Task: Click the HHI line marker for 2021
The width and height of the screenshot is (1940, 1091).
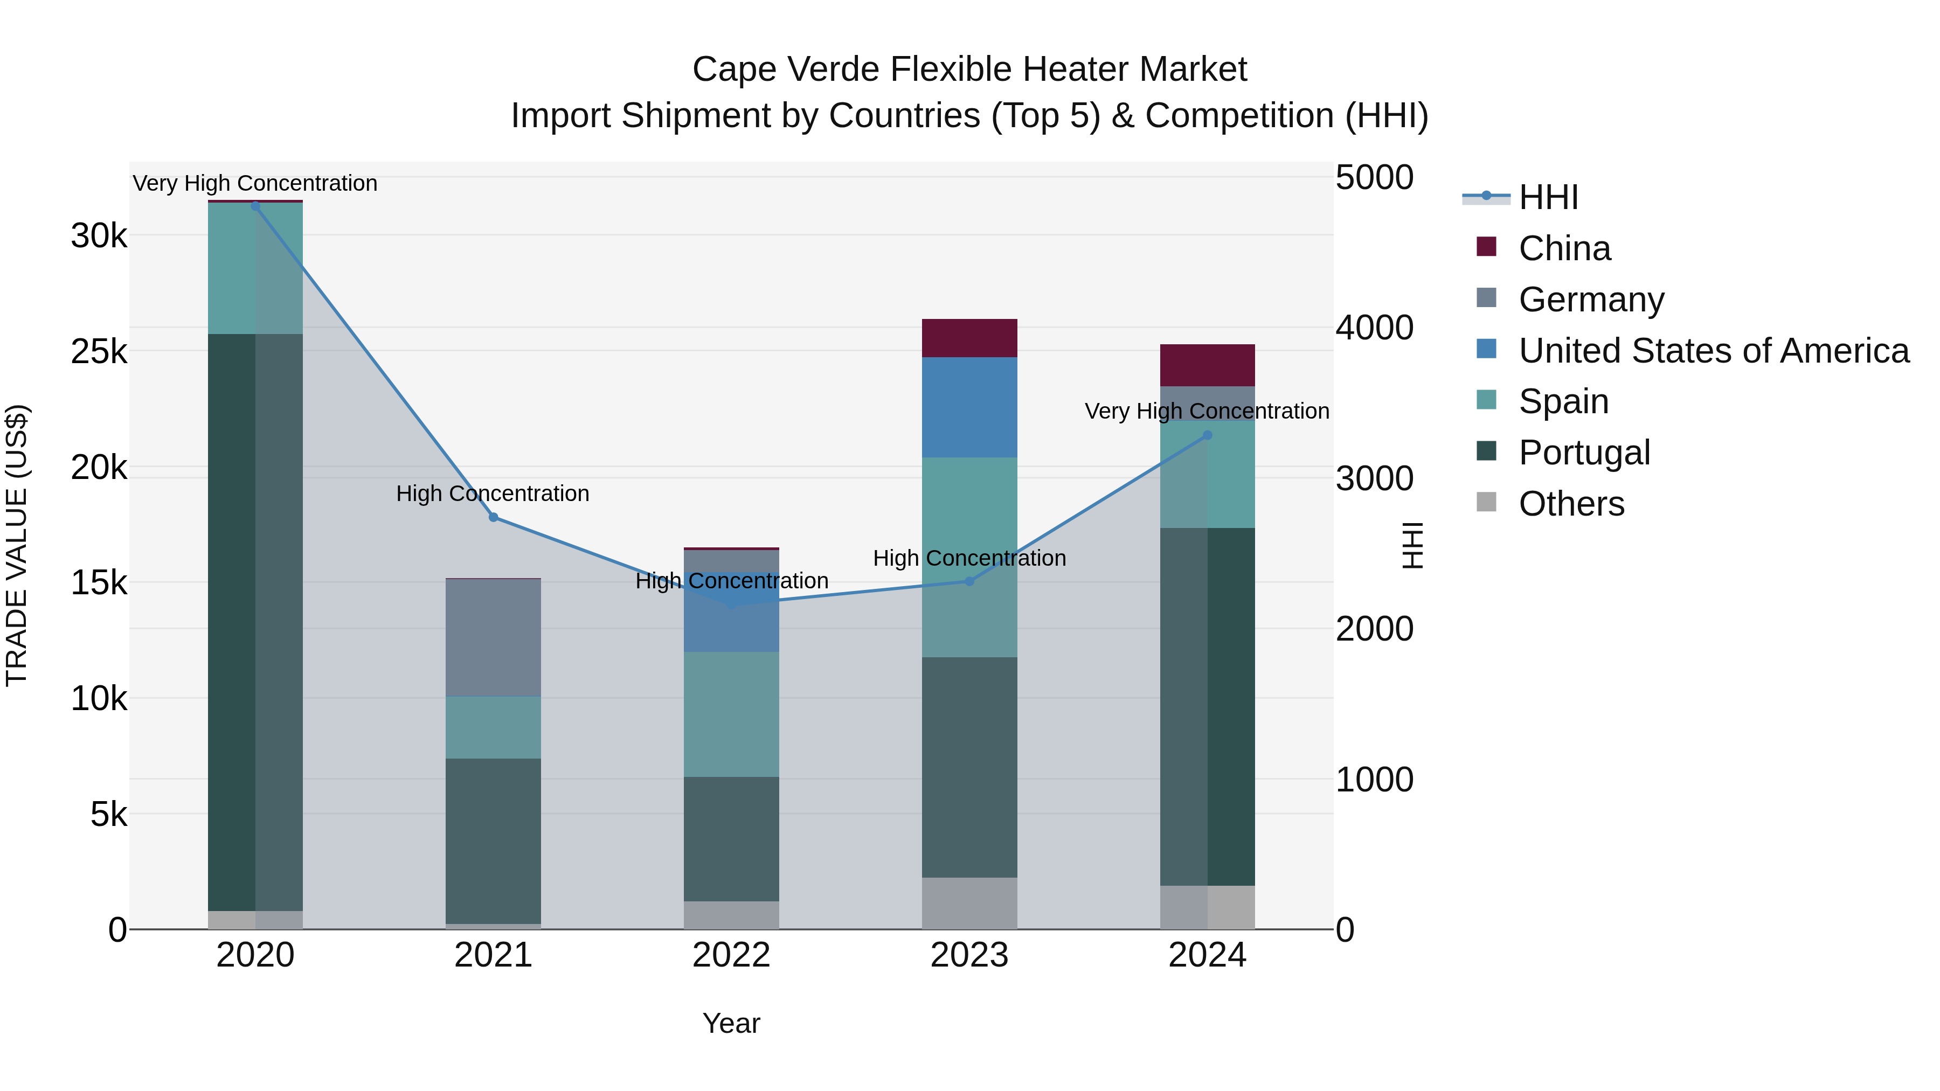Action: click(493, 517)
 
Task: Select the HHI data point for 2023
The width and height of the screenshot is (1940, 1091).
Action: click(969, 581)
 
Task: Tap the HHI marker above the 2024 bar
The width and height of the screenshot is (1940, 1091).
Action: click(1207, 435)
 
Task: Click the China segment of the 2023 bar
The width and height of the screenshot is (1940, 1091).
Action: click(969, 338)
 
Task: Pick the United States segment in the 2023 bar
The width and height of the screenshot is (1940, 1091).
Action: click(969, 407)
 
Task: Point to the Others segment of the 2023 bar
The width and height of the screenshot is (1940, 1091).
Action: click(969, 903)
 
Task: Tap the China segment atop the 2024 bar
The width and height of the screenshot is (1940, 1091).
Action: click(1207, 365)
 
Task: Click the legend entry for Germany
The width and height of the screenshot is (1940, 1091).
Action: click(1591, 300)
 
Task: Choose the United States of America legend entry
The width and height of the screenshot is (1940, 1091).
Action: click(1713, 351)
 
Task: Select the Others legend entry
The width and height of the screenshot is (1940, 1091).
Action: click(1571, 504)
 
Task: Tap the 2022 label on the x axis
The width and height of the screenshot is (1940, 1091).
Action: click(731, 955)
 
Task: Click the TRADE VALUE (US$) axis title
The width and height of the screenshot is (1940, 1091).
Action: click(17, 545)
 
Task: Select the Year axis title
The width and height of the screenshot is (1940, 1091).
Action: click(731, 1023)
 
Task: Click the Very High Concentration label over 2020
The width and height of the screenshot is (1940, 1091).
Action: click(255, 184)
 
